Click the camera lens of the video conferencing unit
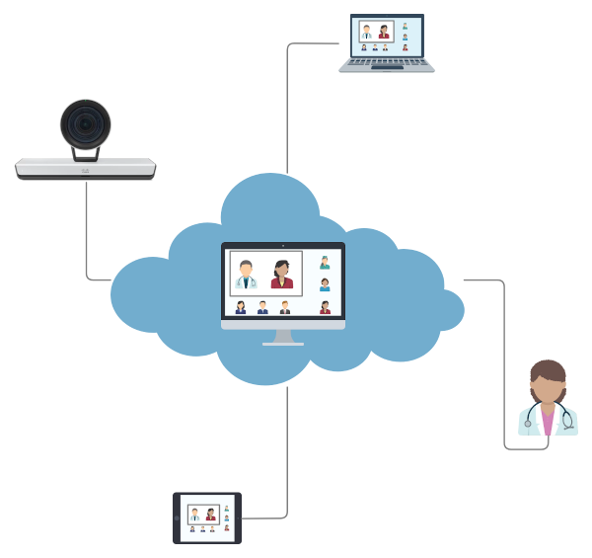pos(85,124)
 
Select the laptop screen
pos(386,37)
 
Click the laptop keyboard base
pos(386,65)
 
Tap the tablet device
pos(207,518)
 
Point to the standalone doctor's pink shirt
pos(548,422)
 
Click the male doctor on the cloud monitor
pos(246,275)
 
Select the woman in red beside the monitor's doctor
pos(282,275)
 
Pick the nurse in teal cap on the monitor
pos(325,263)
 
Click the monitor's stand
pos(283,337)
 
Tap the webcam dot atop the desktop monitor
pos(283,245)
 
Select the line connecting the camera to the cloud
pos(87,237)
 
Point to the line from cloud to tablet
pos(287,444)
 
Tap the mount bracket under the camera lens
pos(86,153)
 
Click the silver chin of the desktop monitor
pos(283,323)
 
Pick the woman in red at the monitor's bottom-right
pos(325,307)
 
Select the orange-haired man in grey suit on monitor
pos(285,307)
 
